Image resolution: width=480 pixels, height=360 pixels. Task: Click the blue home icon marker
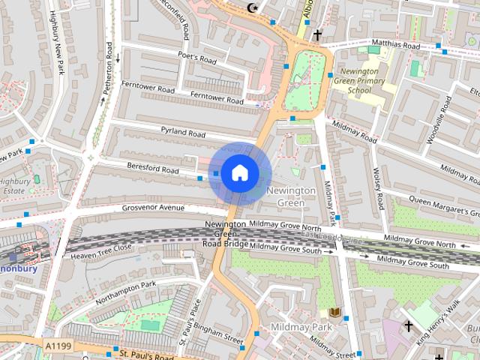click(x=239, y=173)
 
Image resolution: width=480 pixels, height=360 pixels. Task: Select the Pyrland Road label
click(x=183, y=132)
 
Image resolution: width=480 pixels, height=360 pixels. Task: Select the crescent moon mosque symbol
click(x=252, y=8)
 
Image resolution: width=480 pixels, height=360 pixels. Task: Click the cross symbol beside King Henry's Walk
click(x=408, y=326)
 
